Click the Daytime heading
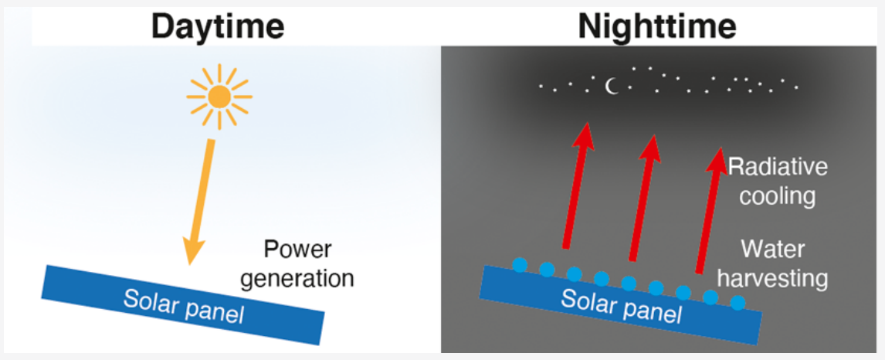(x=218, y=27)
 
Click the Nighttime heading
(x=657, y=27)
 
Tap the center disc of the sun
(x=219, y=97)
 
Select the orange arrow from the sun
(x=200, y=197)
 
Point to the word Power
(x=297, y=250)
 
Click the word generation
(x=297, y=277)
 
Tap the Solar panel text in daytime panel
(x=183, y=306)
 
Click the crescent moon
(x=612, y=87)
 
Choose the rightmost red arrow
(x=708, y=209)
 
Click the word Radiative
(x=778, y=167)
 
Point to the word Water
(x=772, y=249)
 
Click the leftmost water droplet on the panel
(x=520, y=264)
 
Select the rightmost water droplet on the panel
(x=737, y=302)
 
